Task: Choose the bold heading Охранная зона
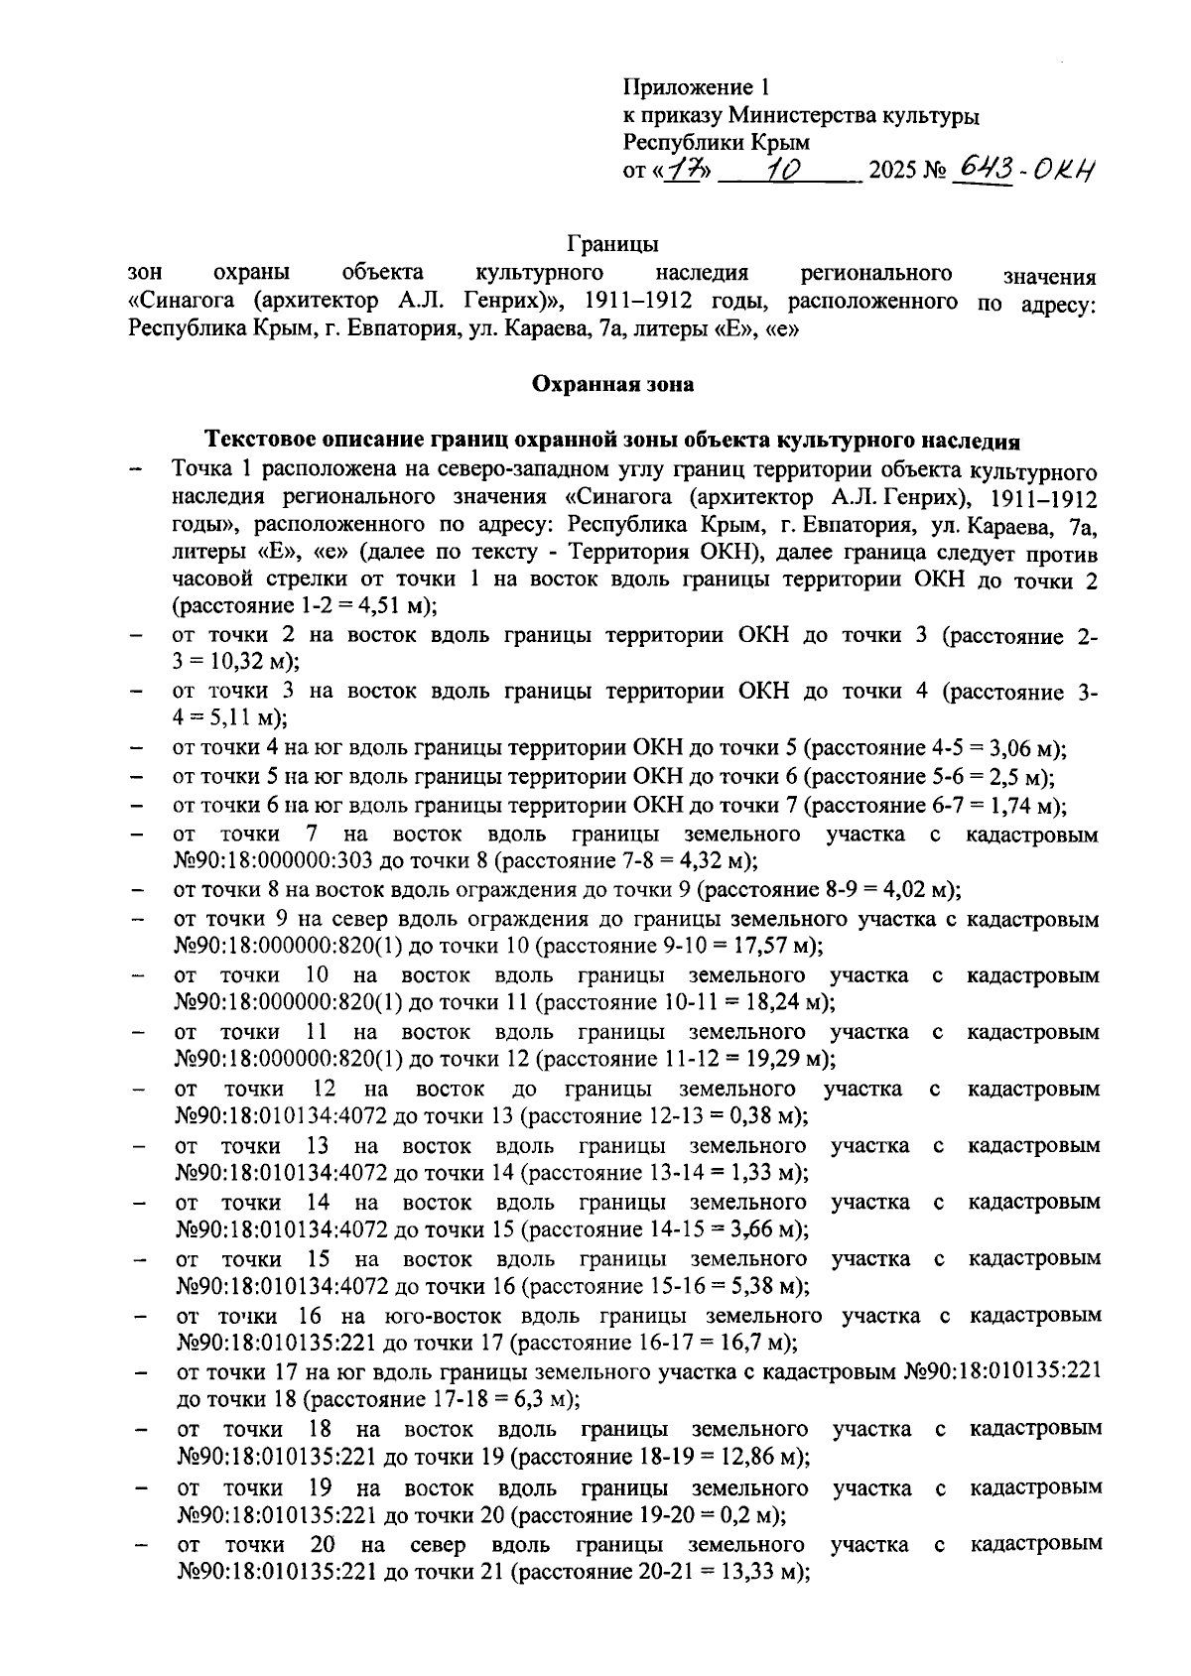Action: pyautogui.click(x=612, y=383)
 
